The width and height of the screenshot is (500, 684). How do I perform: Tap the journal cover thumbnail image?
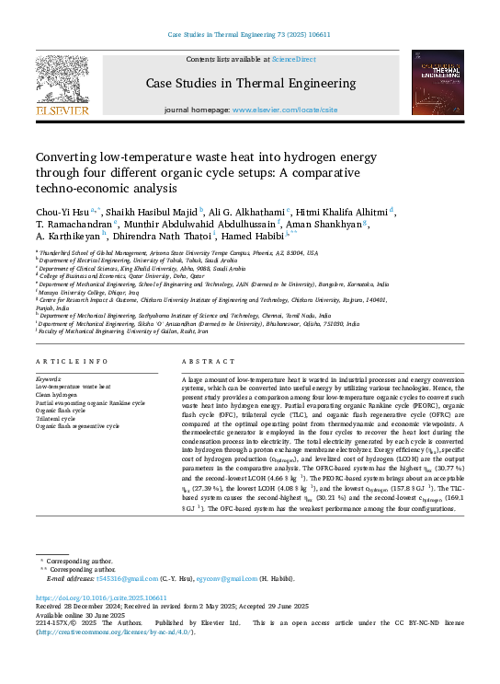coord(437,83)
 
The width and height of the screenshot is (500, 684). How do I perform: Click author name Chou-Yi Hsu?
coord(59,210)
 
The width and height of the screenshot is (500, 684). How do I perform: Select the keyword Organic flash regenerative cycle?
coord(77,426)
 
